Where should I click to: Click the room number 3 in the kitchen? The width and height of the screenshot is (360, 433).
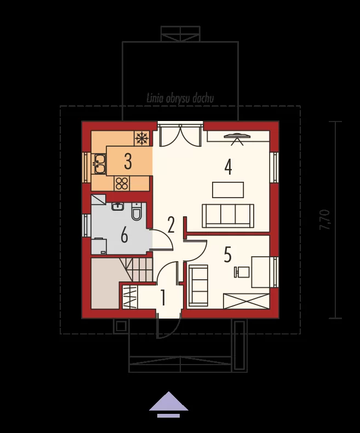pyautogui.click(x=128, y=161)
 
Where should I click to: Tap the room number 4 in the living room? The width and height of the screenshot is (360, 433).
pyautogui.click(x=228, y=167)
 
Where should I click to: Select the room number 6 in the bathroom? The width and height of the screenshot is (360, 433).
pyautogui.click(x=124, y=235)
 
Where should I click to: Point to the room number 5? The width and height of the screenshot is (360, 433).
pyautogui.click(x=227, y=255)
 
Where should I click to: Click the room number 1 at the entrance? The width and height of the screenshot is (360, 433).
pyautogui.click(x=163, y=298)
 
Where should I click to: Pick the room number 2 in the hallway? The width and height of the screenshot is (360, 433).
pyautogui.click(x=171, y=225)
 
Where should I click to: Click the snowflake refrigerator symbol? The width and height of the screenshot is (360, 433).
pyautogui.click(x=142, y=138)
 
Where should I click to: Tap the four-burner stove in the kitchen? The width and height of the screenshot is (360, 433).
pyautogui.click(x=122, y=183)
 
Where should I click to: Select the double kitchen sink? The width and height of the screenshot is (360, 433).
pyautogui.click(x=100, y=164)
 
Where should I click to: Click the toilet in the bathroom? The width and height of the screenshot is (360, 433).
pyautogui.click(x=136, y=211)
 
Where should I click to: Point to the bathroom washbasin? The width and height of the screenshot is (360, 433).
pyautogui.click(x=118, y=206)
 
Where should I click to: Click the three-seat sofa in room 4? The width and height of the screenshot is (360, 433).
pyautogui.click(x=228, y=216)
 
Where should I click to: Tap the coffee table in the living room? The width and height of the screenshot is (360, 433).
pyautogui.click(x=228, y=190)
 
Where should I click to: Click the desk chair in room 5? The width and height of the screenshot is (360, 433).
pyautogui.click(x=242, y=272)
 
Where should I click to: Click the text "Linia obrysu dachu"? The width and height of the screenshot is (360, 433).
pyautogui.click(x=180, y=99)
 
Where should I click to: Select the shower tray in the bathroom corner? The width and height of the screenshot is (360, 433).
pyautogui.click(x=99, y=200)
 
